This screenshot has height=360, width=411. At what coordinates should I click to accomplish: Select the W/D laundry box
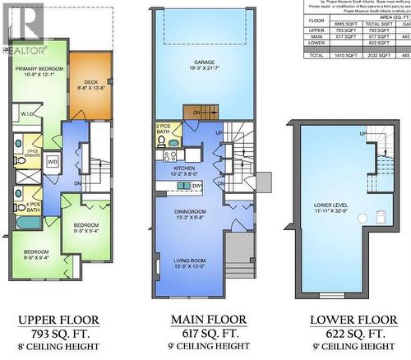(x=52, y=162)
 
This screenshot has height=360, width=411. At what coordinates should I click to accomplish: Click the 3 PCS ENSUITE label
(x=34, y=154)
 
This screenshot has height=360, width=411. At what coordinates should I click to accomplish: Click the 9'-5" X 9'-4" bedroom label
(x=85, y=228)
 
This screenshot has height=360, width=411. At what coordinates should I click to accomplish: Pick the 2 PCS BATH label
(x=162, y=129)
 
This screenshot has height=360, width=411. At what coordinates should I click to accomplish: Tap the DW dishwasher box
(x=197, y=187)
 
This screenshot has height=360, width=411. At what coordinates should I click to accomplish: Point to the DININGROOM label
(x=191, y=214)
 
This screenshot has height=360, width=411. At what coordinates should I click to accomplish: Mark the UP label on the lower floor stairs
(x=362, y=133)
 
